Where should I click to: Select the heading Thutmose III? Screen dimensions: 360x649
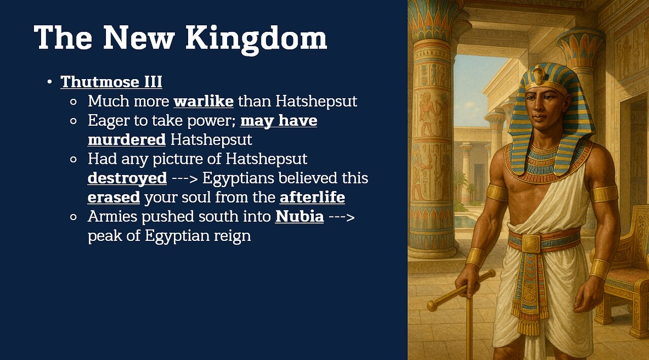click(x=111, y=82)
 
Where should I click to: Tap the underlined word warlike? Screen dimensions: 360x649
click(x=203, y=101)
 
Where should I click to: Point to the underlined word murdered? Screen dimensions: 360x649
click(x=126, y=139)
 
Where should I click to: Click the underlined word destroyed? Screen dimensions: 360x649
click(x=127, y=178)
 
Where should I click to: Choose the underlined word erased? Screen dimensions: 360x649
click(x=114, y=197)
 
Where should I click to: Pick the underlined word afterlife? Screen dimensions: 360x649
click(x=312, y=197)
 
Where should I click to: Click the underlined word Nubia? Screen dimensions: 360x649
click(x=299, y=217)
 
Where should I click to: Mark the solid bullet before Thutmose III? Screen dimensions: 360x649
click(x=49, y=82)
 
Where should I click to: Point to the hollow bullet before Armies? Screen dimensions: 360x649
click(x=74, y=217)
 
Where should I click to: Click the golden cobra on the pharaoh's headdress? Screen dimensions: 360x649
click(x=538, y=75)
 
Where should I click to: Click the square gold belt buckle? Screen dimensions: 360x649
click(x=531, y=243)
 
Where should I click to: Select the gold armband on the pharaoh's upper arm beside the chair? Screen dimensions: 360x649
click(x=604, y=194)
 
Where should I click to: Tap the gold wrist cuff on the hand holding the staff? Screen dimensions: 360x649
click(x=476, y=257)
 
